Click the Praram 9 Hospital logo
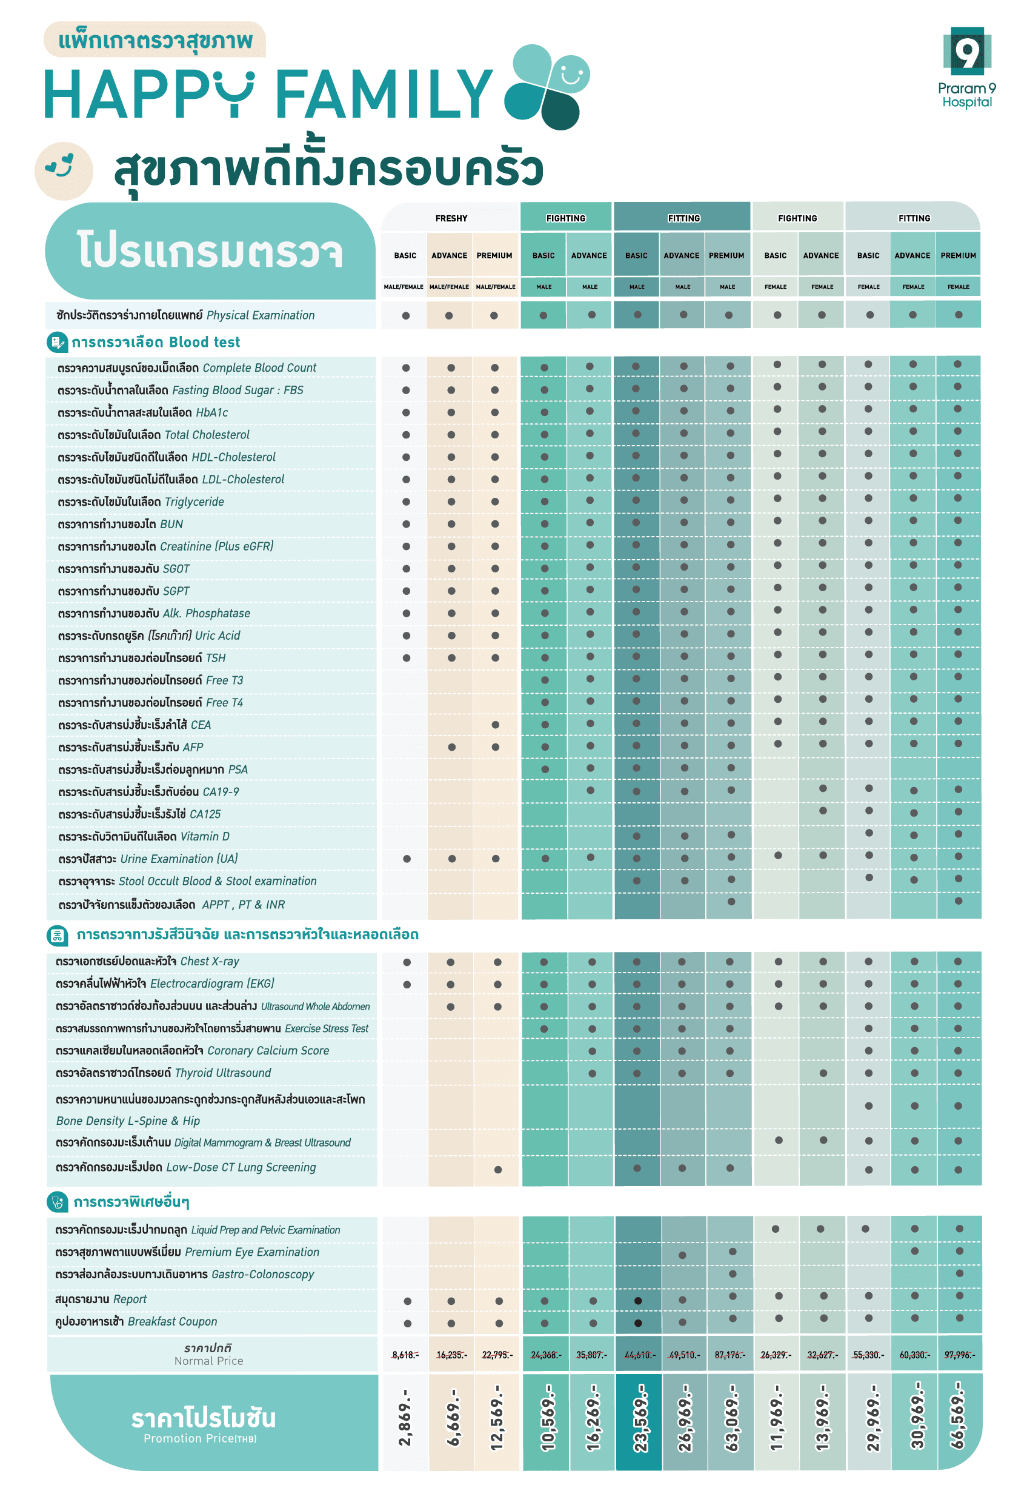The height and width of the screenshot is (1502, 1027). click(x=966, y=67)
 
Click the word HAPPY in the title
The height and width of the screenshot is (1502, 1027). click(x=148, y=95)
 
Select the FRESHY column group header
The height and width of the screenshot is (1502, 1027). click(x=451, y=218)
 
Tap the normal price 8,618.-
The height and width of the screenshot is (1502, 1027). click(x=404, y=1355)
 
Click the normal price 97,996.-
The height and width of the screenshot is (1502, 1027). click(x=959, y=1355)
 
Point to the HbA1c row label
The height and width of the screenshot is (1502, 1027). click(x=143, y=413)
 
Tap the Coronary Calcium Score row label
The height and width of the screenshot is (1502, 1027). click(x=193, y=1051)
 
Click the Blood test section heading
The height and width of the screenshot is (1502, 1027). click(x=155, y=343)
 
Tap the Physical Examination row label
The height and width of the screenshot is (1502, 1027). click(x=185, y=315)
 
